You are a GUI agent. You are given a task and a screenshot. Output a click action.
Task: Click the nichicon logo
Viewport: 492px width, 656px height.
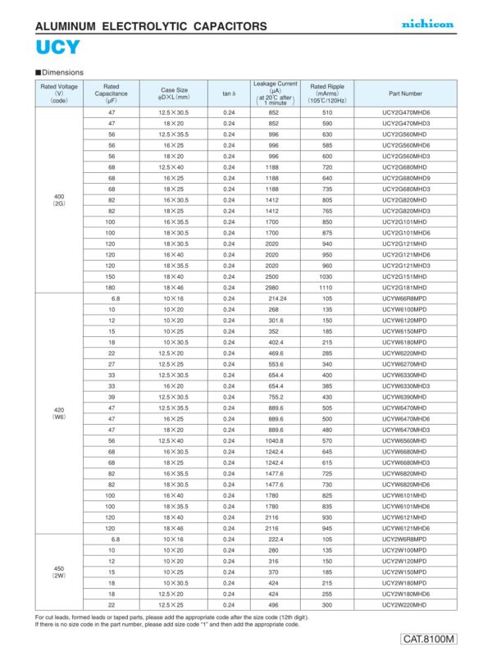tap(427, 25)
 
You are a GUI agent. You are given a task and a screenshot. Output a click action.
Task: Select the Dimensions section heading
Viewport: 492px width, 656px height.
tap(61, 72)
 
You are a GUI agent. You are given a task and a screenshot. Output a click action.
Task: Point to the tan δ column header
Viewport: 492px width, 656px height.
tap(229, 93)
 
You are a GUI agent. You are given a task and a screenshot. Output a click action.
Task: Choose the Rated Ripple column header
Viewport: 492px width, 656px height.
tap(327, 93)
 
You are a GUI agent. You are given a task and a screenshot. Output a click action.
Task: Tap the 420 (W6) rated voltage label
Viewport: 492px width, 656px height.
tap(59, 412)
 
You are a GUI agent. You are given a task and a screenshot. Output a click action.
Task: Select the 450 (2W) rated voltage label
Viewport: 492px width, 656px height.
tap(59, 571)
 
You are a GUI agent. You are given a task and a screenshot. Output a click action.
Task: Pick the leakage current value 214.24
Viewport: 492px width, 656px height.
tap(275, 299)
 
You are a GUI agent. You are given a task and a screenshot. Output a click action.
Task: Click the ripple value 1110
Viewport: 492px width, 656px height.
tap(327, 288)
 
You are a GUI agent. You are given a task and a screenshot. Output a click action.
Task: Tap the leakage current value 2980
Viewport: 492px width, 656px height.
tap(275, 288)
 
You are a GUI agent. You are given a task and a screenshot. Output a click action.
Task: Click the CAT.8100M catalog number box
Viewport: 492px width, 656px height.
tap(429, 639)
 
